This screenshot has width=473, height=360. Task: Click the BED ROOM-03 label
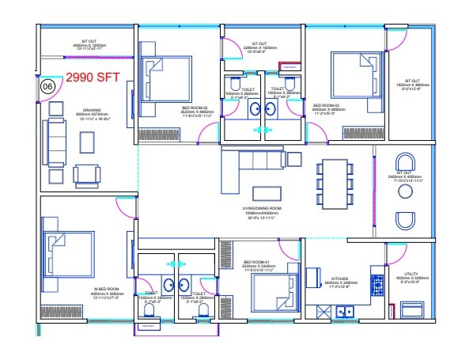pos(327,105)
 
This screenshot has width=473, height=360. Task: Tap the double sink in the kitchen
pos(345,311)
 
